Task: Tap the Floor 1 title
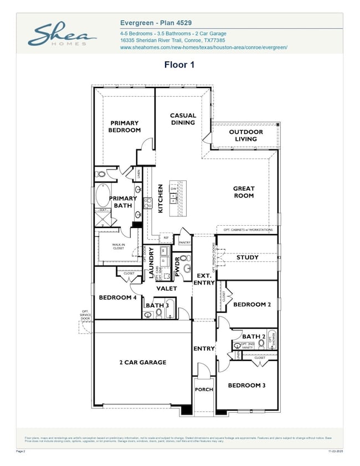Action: (x=179, y=64)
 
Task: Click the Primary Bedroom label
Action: (x=125, y=127)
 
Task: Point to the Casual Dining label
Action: (x=183, y=119)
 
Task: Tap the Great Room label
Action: (x=244, y=192)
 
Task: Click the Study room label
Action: (x=247, y=257)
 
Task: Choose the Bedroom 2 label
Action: (x=252, y=304)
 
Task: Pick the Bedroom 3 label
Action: (x=246, y=385)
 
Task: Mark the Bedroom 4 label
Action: (x=117, y=298)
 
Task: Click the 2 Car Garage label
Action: (x=143, y=363)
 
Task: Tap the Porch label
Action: (x=204, y=390)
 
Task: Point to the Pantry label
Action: (x=184, y=242)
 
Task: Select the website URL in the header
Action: (x=203, y=48)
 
